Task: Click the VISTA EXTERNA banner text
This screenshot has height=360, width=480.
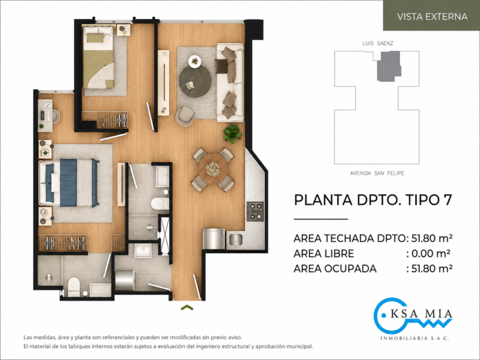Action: click(x=432, y=17)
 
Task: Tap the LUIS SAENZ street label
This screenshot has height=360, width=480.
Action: click(x=378, y=43)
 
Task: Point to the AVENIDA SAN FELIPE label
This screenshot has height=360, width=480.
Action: click(x=377, y=173)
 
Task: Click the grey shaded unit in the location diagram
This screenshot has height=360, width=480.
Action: click(x=389, y=66)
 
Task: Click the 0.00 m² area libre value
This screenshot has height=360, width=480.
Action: click(x=431, y=253)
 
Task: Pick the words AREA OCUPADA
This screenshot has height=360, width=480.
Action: click(x=335, y=268)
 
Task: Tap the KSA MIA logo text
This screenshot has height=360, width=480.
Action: click(x=422, y=314)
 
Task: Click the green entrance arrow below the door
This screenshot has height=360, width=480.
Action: click(x=187, y=307)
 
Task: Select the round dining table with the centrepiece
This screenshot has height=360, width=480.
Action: click(x=213, y=169)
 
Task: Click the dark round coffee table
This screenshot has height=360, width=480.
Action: click(x=195, y=82)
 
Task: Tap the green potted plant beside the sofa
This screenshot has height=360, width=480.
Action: click(x=232, y=133)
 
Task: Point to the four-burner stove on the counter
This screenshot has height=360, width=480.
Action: click(x=255, y=212)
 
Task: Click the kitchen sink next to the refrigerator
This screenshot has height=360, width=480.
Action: click(x=235, y=239)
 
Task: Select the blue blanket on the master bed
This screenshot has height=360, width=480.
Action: click(x=68, y=182)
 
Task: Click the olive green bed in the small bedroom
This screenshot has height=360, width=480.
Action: click(x=98, y=57)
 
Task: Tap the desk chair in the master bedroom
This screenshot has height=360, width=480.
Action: click(x=56, y=116)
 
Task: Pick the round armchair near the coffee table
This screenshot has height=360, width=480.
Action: click(x=185, y=116)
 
